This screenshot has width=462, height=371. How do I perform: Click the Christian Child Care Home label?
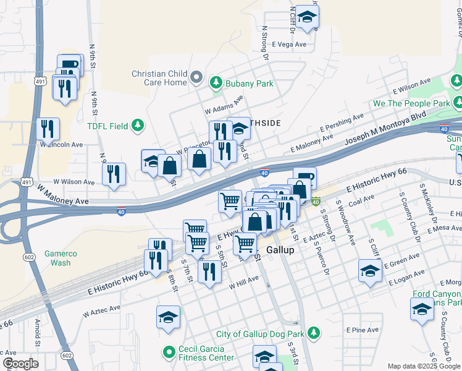159,78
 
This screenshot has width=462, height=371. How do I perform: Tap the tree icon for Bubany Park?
216,82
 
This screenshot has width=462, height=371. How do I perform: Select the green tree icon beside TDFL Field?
138,126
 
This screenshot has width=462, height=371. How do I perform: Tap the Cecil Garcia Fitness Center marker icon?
167,353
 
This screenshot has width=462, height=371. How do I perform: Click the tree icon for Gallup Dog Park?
314,334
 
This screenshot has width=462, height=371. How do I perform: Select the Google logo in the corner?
20,364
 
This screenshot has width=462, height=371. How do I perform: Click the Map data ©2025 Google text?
422,366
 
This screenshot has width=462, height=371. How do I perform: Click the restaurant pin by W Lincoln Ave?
48,129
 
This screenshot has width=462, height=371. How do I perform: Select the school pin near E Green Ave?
370,271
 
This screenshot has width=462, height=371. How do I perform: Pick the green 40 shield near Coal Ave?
316,202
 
